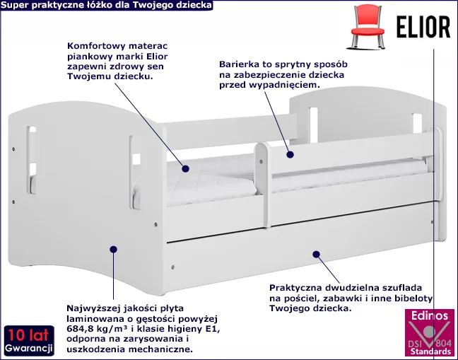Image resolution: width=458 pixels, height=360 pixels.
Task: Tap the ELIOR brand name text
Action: (423, 27)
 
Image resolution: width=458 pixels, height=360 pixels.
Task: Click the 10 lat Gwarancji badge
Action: (29, 341)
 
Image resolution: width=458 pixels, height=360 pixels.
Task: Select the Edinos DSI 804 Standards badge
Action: (430, 333)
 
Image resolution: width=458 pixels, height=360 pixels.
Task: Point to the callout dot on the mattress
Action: (185, 168)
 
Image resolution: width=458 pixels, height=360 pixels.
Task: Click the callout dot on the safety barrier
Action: (290, 155)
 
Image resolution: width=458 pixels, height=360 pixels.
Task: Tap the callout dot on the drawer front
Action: (316, 254)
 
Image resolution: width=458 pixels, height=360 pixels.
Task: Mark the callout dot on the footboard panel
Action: (113, 249)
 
